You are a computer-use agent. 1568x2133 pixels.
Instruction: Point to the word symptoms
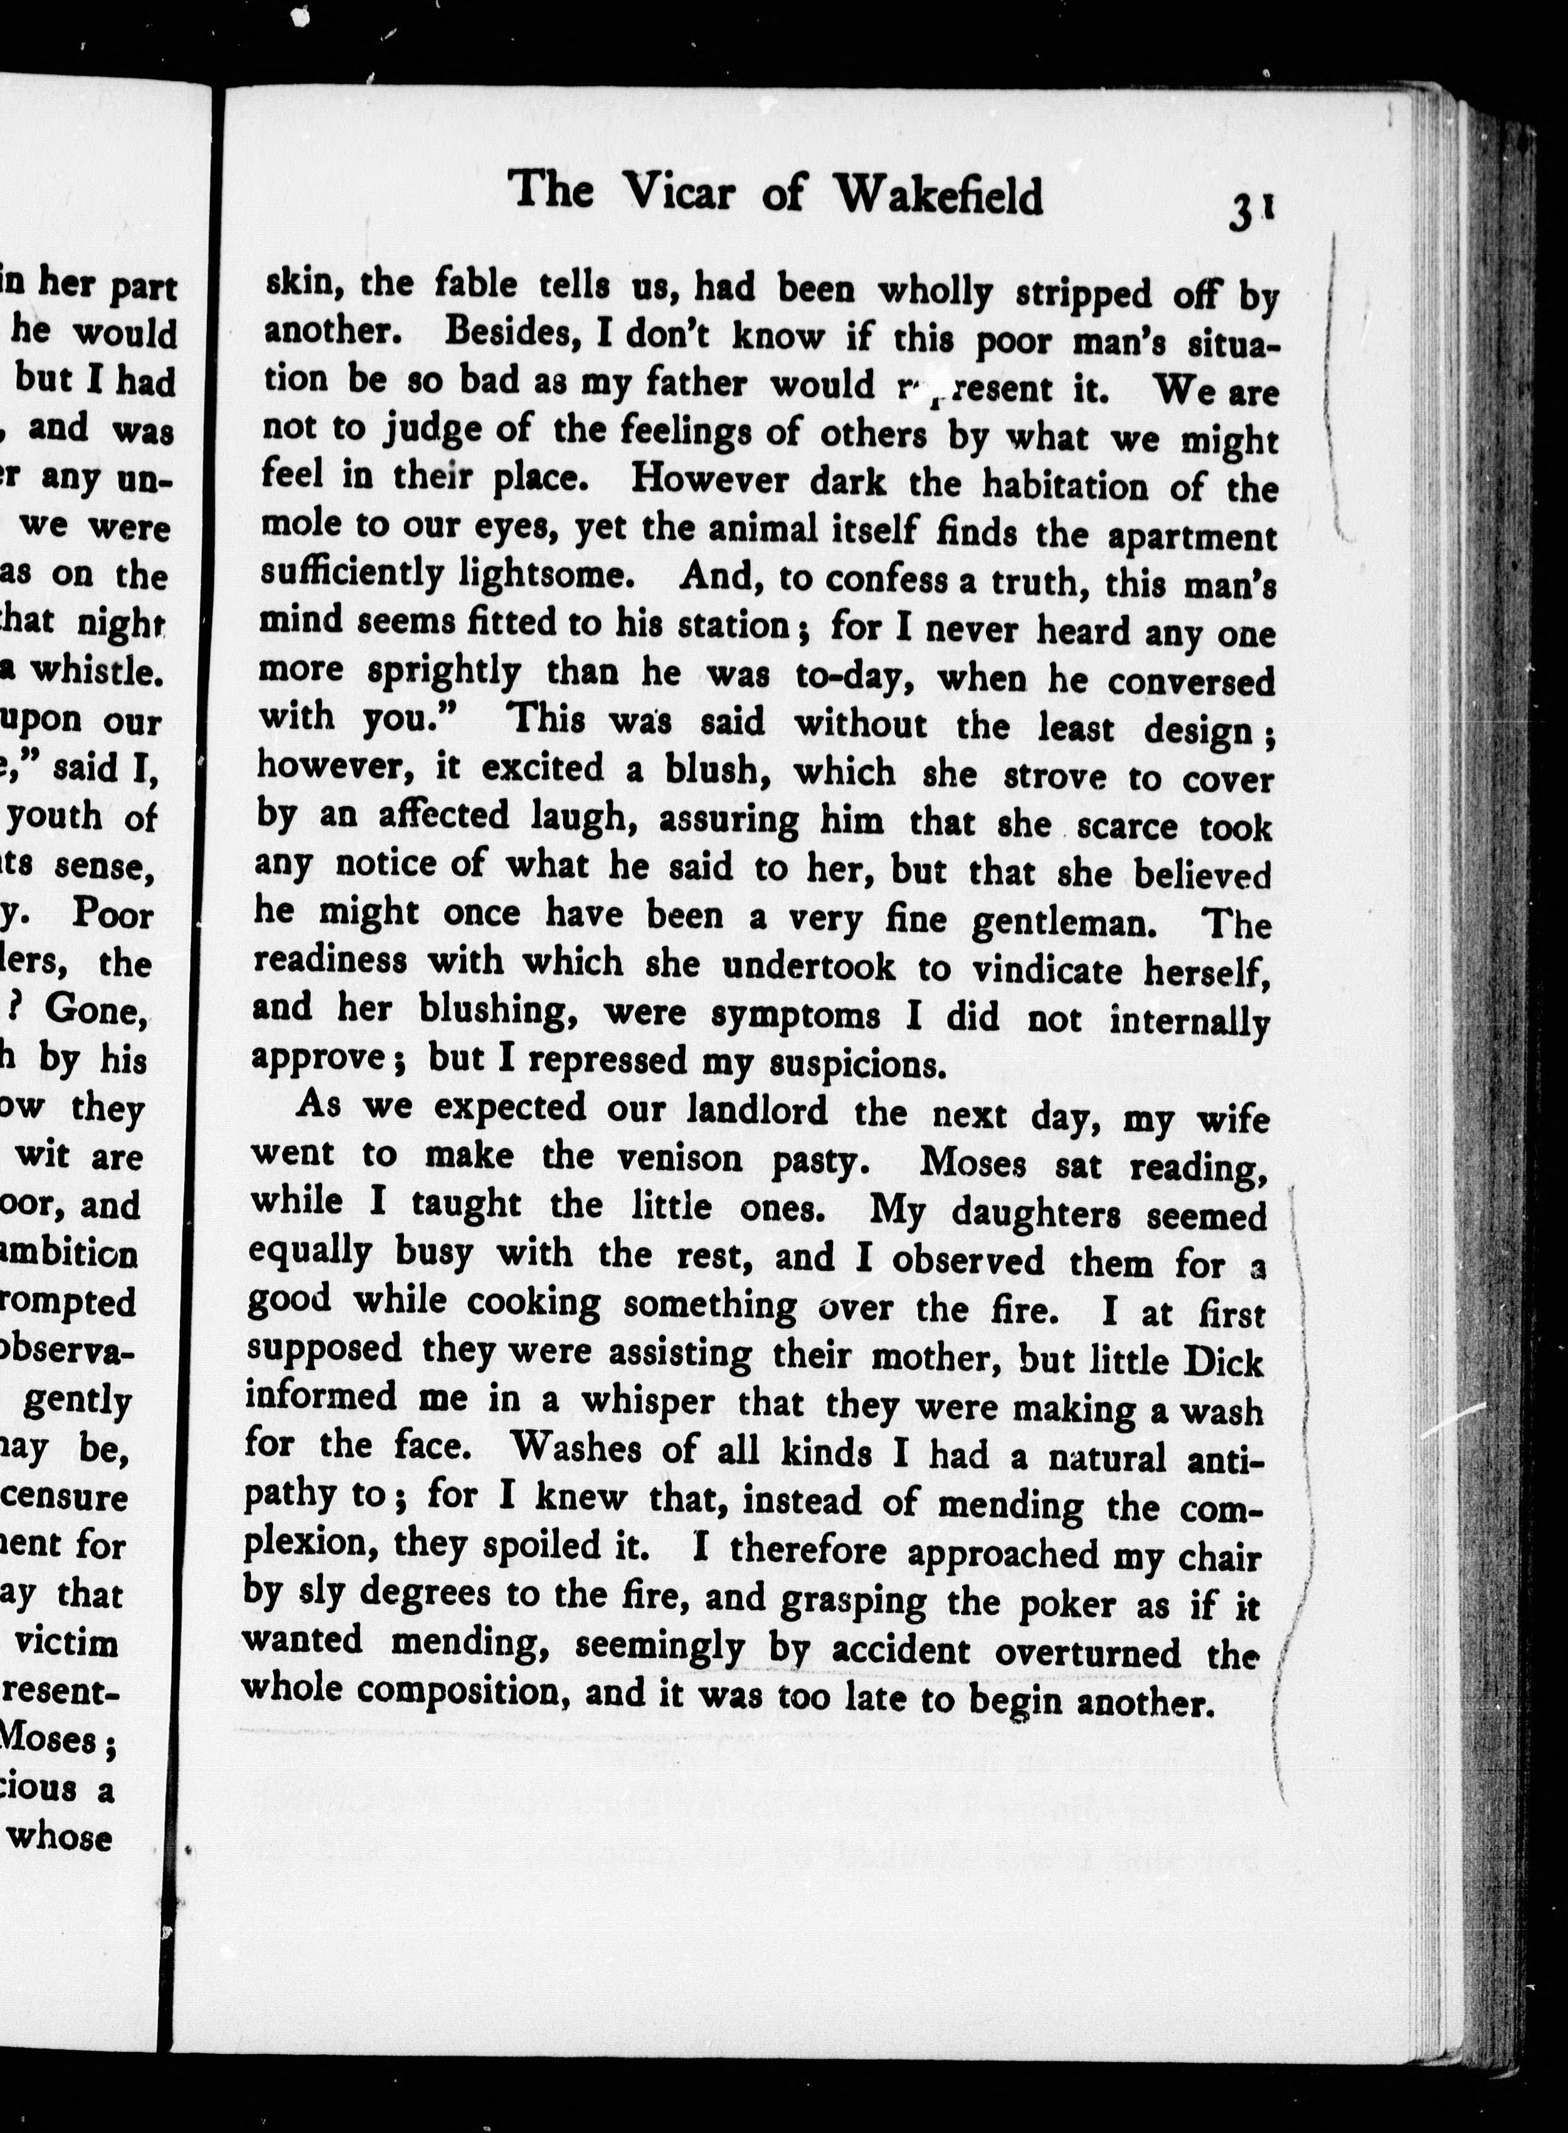[x=795, y=1015]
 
